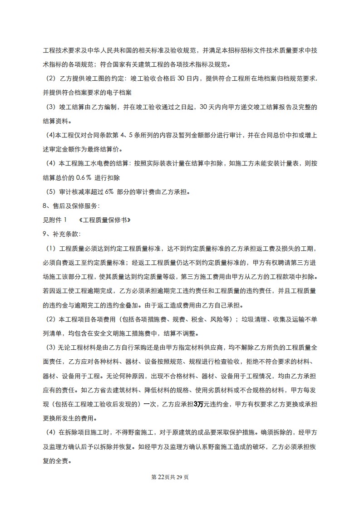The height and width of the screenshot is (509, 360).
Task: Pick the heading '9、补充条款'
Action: pyautogui.click(x=61, y=234)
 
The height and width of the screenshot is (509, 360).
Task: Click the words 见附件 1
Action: pyautogui.click(x=54, y=220)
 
